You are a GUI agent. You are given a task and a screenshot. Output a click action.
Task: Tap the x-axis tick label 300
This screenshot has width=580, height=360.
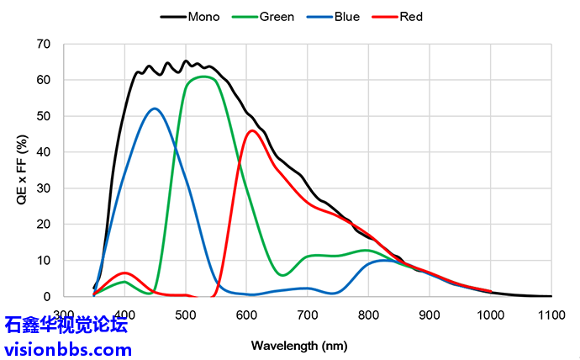pyautogui.click(x=64, y=315)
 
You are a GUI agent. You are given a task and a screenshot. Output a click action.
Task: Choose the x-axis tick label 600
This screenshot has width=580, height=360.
pyautogui.click(x=246, y=315)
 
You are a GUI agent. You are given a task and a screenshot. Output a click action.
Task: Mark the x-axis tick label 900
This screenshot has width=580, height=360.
pyautogui.click(x=430, y=315)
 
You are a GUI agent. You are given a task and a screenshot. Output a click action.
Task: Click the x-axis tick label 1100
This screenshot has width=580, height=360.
pyautogui.click(x=551, y=315)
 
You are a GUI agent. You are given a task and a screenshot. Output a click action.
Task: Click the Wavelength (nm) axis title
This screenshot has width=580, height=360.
pyautogui.click(x=298, y=345)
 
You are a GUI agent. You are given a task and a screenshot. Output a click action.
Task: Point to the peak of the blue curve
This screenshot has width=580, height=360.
pyautogui.click(x=155, y=109)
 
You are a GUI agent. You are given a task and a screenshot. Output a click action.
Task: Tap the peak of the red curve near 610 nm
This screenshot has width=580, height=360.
pyautogui.click(x=252, y=130)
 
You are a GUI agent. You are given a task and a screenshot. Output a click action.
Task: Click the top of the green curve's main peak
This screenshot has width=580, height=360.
pyautogui.click(x=204, y=77)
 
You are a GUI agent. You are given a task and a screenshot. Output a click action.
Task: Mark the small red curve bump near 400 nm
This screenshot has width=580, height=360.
pyautogui.click(x=124, y=273)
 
